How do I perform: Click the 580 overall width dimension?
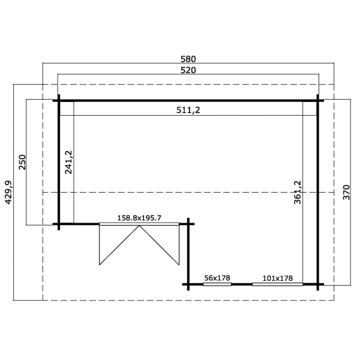[188, 59]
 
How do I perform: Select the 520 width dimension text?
[188, 70]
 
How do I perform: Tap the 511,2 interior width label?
[188, 110]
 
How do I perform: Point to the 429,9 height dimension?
[8, 193]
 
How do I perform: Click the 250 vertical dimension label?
[23, 162]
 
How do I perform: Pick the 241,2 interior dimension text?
[68, 162]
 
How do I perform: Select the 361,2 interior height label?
[298, 193]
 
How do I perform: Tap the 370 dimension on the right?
[346, 193]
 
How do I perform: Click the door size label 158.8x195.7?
[139, 218]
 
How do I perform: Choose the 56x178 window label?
[217, 278]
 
